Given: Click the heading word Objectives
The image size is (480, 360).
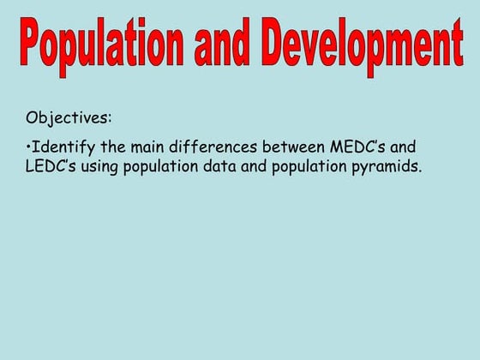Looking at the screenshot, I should (69, 117).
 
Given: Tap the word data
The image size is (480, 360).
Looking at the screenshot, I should (219, 166).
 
